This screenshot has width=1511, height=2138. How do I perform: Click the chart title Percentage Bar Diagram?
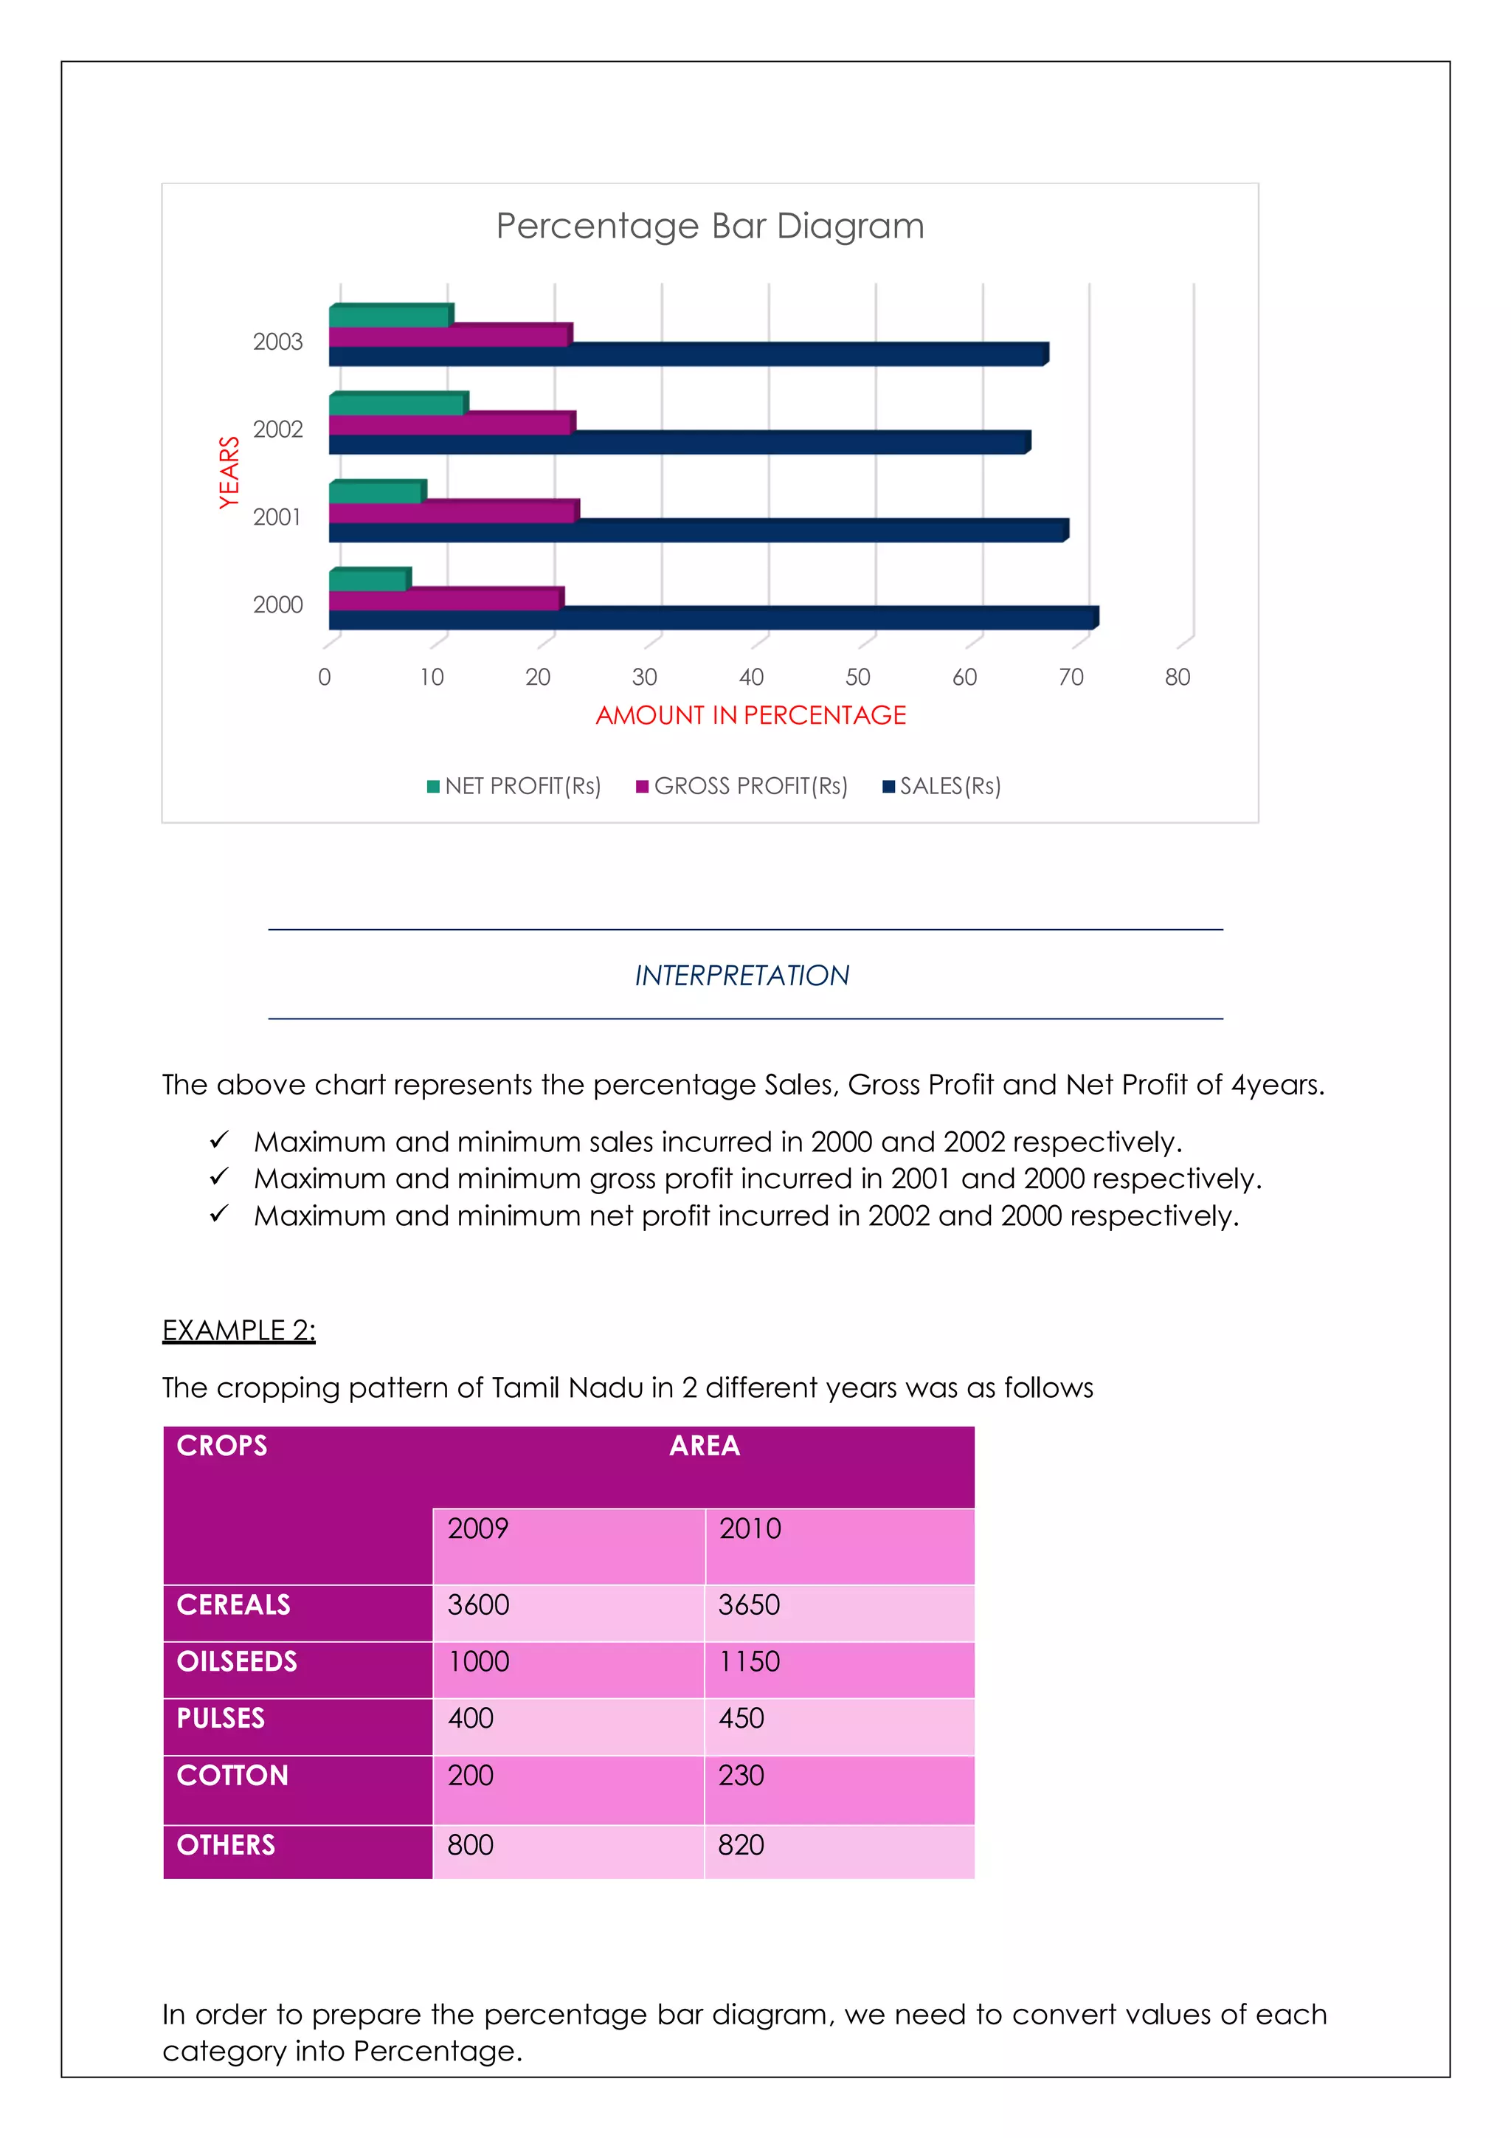pyautogui.click(x=710, y=227)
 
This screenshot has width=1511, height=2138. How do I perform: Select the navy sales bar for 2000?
pyautogui.click(x=712, y=619)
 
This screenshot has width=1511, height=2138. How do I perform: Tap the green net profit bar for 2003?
pyautogui.click(x=389, y=317)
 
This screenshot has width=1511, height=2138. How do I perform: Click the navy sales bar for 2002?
pyautogui.click(x=678, y=444)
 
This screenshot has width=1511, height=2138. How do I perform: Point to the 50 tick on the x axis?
pyautogui.click(x=857, y=677)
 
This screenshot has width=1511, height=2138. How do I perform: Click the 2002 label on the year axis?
pyautogui.click(x=277, y=430)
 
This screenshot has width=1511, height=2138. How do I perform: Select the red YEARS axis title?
pyautogui.click(x=229, y=472)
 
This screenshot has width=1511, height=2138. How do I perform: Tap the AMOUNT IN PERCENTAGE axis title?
pyautogui.click(x=750, y=715)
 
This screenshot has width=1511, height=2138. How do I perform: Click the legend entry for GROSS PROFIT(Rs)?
pyautogui.click(x=742, y=786)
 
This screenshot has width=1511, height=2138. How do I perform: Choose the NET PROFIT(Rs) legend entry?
pyautogui.click(x=514, y=786)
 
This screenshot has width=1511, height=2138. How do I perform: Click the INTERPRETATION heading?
pyautogui.click(x=742, y=975)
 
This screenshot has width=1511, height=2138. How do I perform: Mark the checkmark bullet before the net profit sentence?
pyautogui.click(x=219, y=1214)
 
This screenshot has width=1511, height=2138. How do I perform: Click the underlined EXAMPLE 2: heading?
pyautogui.click(x=238, y=1330)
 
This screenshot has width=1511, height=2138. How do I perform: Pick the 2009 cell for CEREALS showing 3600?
pyautogui.click(x=479, y=1604)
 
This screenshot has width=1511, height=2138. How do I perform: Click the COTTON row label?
pyautogui.click(x=232, y=1775)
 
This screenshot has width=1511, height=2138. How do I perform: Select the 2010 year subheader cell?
pyautogui.click(x=750, y=1528)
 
